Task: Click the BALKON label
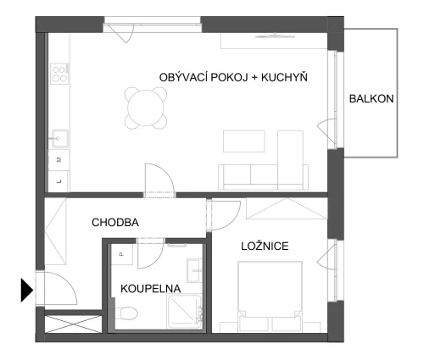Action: pyautogui.click(x=371, y=98)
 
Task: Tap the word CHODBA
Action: pyautogui.click(x=115, y=223)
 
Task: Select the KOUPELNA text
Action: pyautogui.click(x=150, y=289)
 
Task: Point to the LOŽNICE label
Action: pyautogui.click(x=265, y=246)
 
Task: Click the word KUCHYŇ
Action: pyautogui.click(x=284, y=77)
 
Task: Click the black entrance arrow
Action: pyautogui.click(x=27, y=290)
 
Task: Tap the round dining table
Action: pyautogui.click(x=146, y=108)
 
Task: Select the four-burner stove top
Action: pyautogui.click(x=59, y=74)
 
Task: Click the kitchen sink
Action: pyautogui.click(x=59, y=139)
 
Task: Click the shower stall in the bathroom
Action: pyautogui.click(x=185, y=312)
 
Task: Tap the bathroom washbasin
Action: pyautogui.click(x=194, y=270)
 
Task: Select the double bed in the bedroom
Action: pyautogui.click(x=270, y=296)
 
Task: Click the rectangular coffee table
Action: pyautogui.click(x=244, y=141)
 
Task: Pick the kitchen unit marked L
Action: pyautogui.click(x=59, y=181)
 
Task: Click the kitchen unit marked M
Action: pyautogui.click(x=59, y=160)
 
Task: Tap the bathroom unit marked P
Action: pyautogui.click(x=122, y=254)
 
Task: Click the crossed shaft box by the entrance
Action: pyautogui.click(x=73, y=324)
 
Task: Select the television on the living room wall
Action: pyautogui.click(x=276, y=36)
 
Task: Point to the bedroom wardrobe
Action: pyautogui.click(x=287, y=208)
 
